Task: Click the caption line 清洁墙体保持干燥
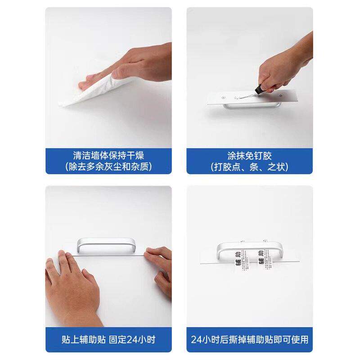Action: point(108,156)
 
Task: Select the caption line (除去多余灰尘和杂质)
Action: point(108,166)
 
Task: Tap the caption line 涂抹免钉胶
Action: point(250,156)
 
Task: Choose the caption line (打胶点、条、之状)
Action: point(250,166)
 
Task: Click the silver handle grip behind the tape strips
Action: point(250,245)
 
